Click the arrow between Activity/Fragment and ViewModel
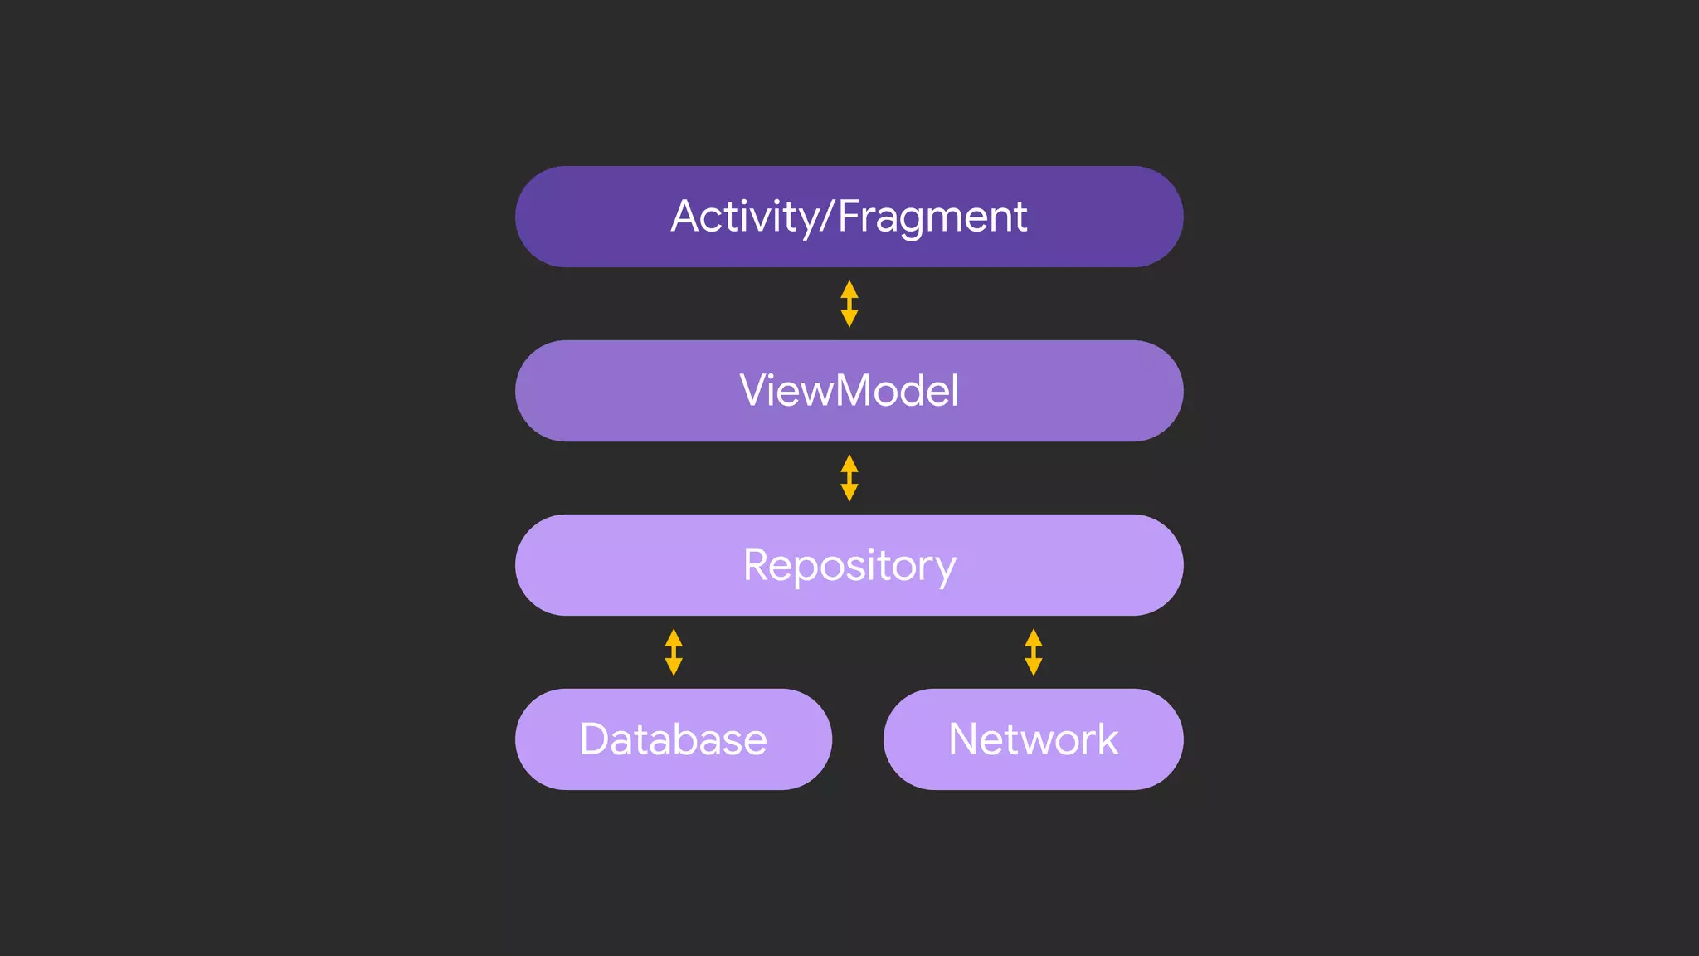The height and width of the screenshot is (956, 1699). tap(849, 304)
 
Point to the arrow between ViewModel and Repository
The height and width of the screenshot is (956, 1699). tap(849, 478)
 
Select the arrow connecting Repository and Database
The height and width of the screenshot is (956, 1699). tap(674, 652)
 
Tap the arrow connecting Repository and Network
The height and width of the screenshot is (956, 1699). tap(1033, 652)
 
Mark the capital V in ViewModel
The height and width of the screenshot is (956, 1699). tap(756, 390)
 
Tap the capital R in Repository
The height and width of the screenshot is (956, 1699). tap(759, 565)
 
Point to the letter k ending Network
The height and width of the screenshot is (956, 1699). tap(1108, 739)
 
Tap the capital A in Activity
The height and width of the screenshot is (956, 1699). tap(689, 217)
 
